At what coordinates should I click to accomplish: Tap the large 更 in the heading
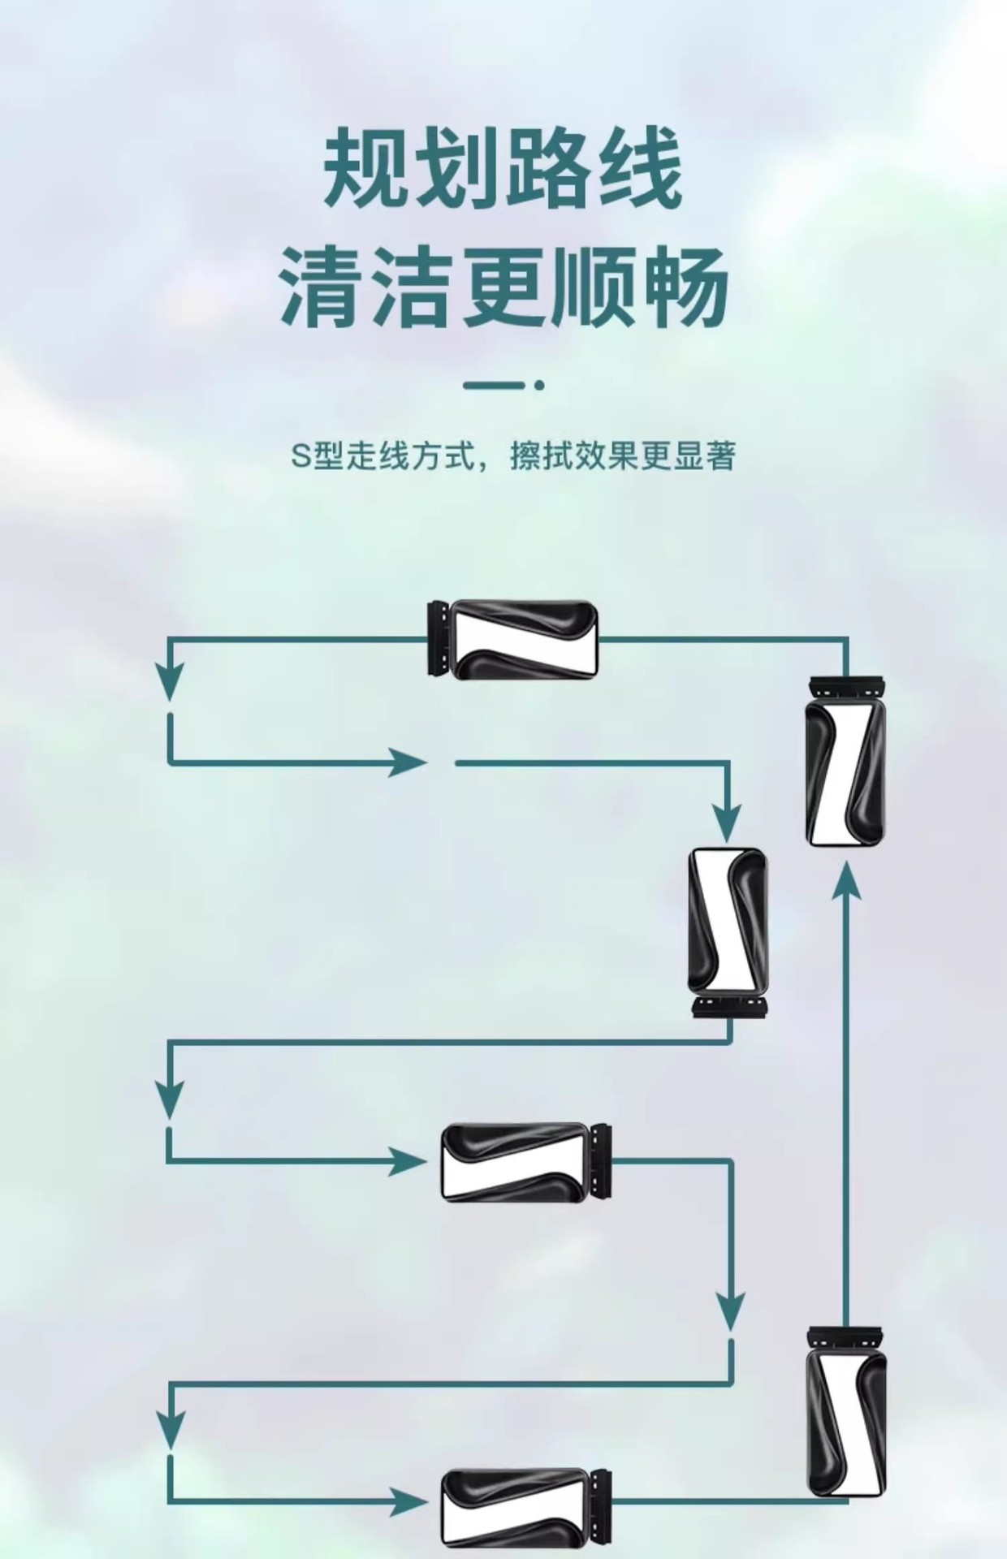tap(504, 288)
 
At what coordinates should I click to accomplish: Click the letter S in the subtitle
tap(301, 457)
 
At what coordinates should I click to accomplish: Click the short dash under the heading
tap(495, 386)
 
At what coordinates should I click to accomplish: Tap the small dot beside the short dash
tap(539, 386)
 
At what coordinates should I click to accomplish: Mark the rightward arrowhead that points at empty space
tap(406, 762)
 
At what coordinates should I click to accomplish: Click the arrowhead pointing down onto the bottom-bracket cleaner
tap(728, 827)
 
